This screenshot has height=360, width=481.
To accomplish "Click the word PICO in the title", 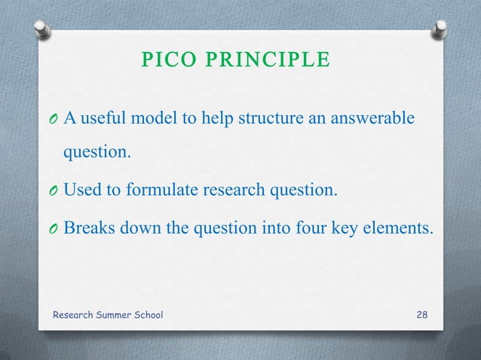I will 168,59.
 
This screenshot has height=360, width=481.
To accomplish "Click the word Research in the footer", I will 75,313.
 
